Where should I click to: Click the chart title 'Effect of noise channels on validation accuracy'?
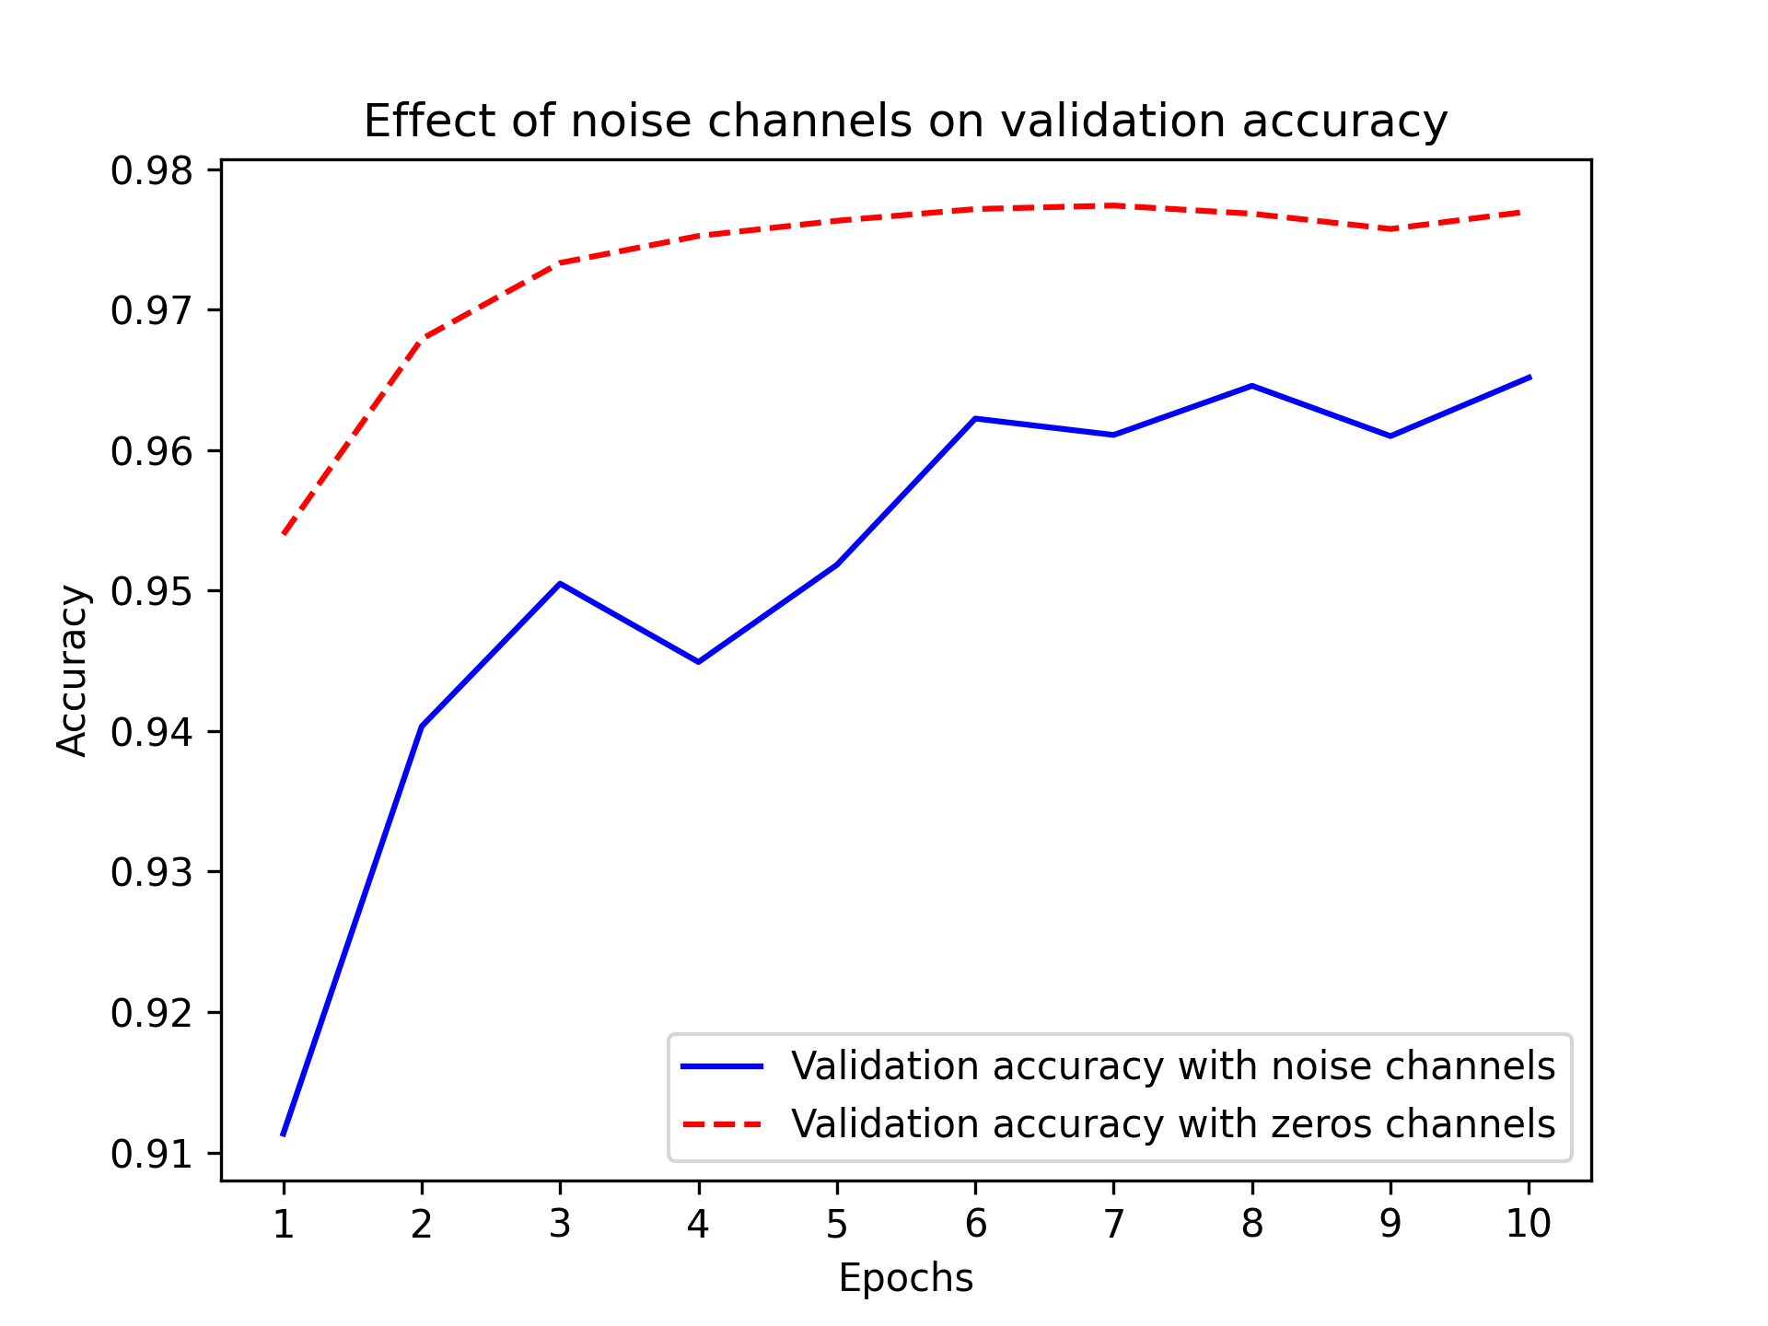click(905, 122)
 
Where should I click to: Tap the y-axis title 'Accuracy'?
click(72, 670)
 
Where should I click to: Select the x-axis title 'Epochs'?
click(905, 1279)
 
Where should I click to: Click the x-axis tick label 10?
click(1529, 1224)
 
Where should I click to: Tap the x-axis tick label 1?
click(284, 1224)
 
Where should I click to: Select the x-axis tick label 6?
click(975, 1224)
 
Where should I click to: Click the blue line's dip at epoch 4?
click(699, 662)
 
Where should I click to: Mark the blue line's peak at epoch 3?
click(560, 584)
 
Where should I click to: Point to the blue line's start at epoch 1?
click(284, 1134)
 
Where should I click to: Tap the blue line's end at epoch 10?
click(1529, 377)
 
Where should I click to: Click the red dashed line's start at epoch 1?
click(284, 533)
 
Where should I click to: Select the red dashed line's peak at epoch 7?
click(1114, 205)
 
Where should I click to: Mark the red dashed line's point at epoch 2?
click(422, 339)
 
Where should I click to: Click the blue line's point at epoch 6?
click(975, 419)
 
